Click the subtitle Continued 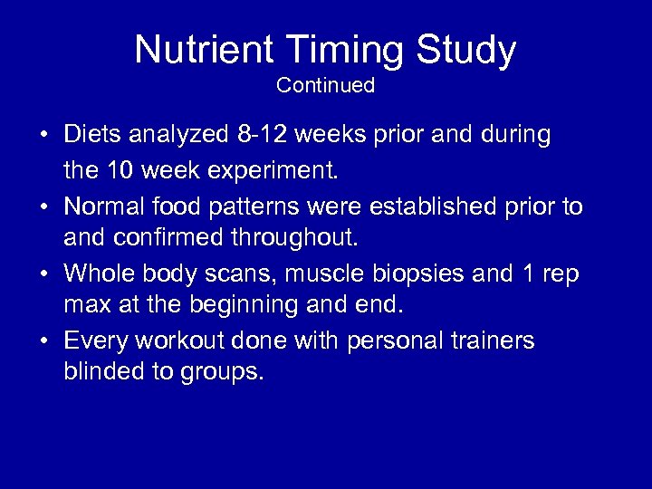(325, 85)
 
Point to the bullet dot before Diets (43, 136)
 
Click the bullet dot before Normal (43, 207)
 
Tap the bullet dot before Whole (43, 273)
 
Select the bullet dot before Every (43, 342)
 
